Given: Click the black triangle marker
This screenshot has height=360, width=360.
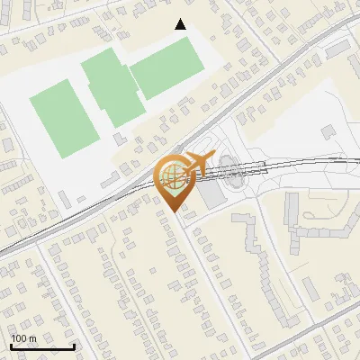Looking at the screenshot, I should pyautogui.click(x=181, y=25).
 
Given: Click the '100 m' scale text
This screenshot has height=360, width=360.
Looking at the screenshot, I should pyautogui.click(x=24, y=338).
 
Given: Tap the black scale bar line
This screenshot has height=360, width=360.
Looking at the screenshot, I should pyautogui.click(x=42, y=347).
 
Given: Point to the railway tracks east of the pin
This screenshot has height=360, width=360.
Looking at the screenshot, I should pyautogui.click(x=297, y=163).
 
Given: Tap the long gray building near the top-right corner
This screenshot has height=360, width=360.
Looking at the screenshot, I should pyautogui.click(x=338, y=49).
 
